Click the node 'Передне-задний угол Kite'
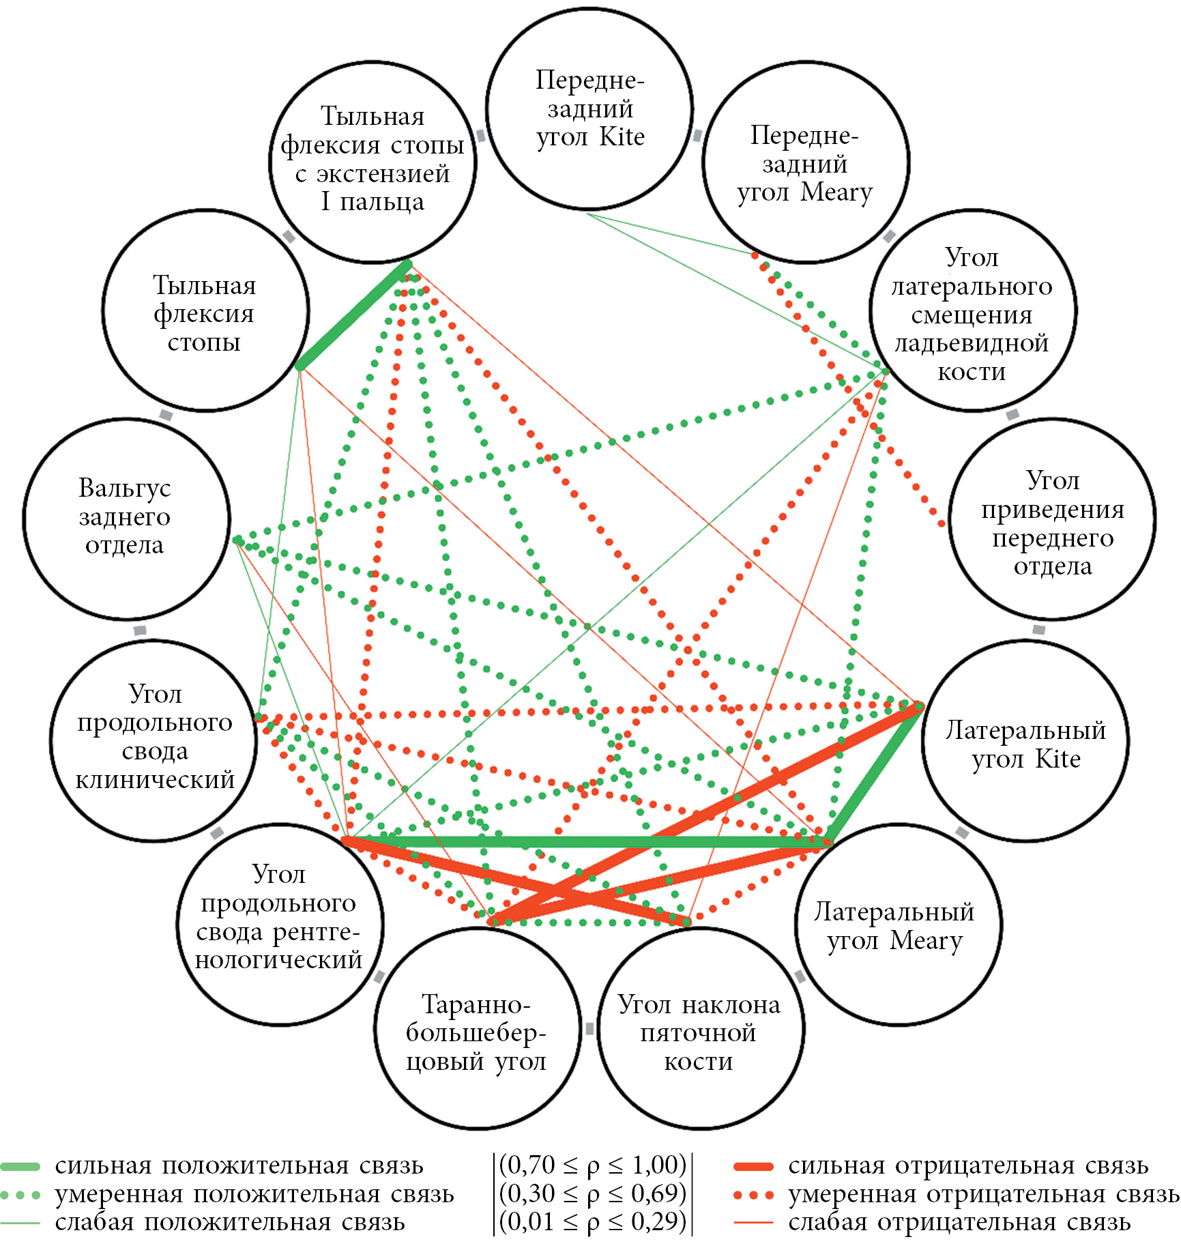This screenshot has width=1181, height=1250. tap(590, 109)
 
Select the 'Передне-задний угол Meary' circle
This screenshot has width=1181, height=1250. tap(805, 163)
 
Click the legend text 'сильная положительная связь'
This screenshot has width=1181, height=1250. tap(239, 1165)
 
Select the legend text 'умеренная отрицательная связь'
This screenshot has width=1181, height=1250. tap(982, 1194)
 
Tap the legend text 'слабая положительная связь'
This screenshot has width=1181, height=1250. tap(230, 1222)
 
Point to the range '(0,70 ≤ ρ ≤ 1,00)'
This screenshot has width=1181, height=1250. tap(593, 1165)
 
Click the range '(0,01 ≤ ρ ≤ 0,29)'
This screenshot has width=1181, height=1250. tap(593, 1221)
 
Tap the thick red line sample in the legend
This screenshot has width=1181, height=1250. tap(753, 1166)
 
